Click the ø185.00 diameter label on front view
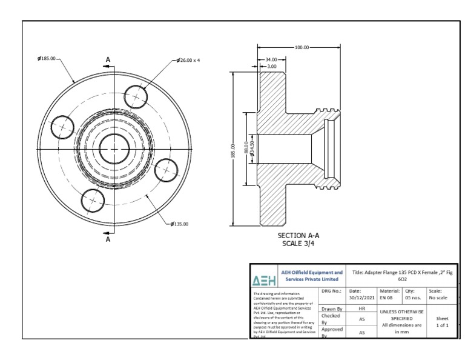click(x=47, y=59)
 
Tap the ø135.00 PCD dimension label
click(x=179, y=223)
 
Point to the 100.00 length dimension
click(x=301, y=47)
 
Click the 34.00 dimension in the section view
click(x=272, y=59)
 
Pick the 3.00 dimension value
click(x=272, y=65)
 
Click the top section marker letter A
click(x=108, y=59)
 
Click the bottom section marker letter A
click(x=108, y=239)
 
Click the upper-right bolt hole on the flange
click(x=137, y=96)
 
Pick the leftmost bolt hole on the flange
click(x=62, y=127)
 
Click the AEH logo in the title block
click(x=264, y=281)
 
